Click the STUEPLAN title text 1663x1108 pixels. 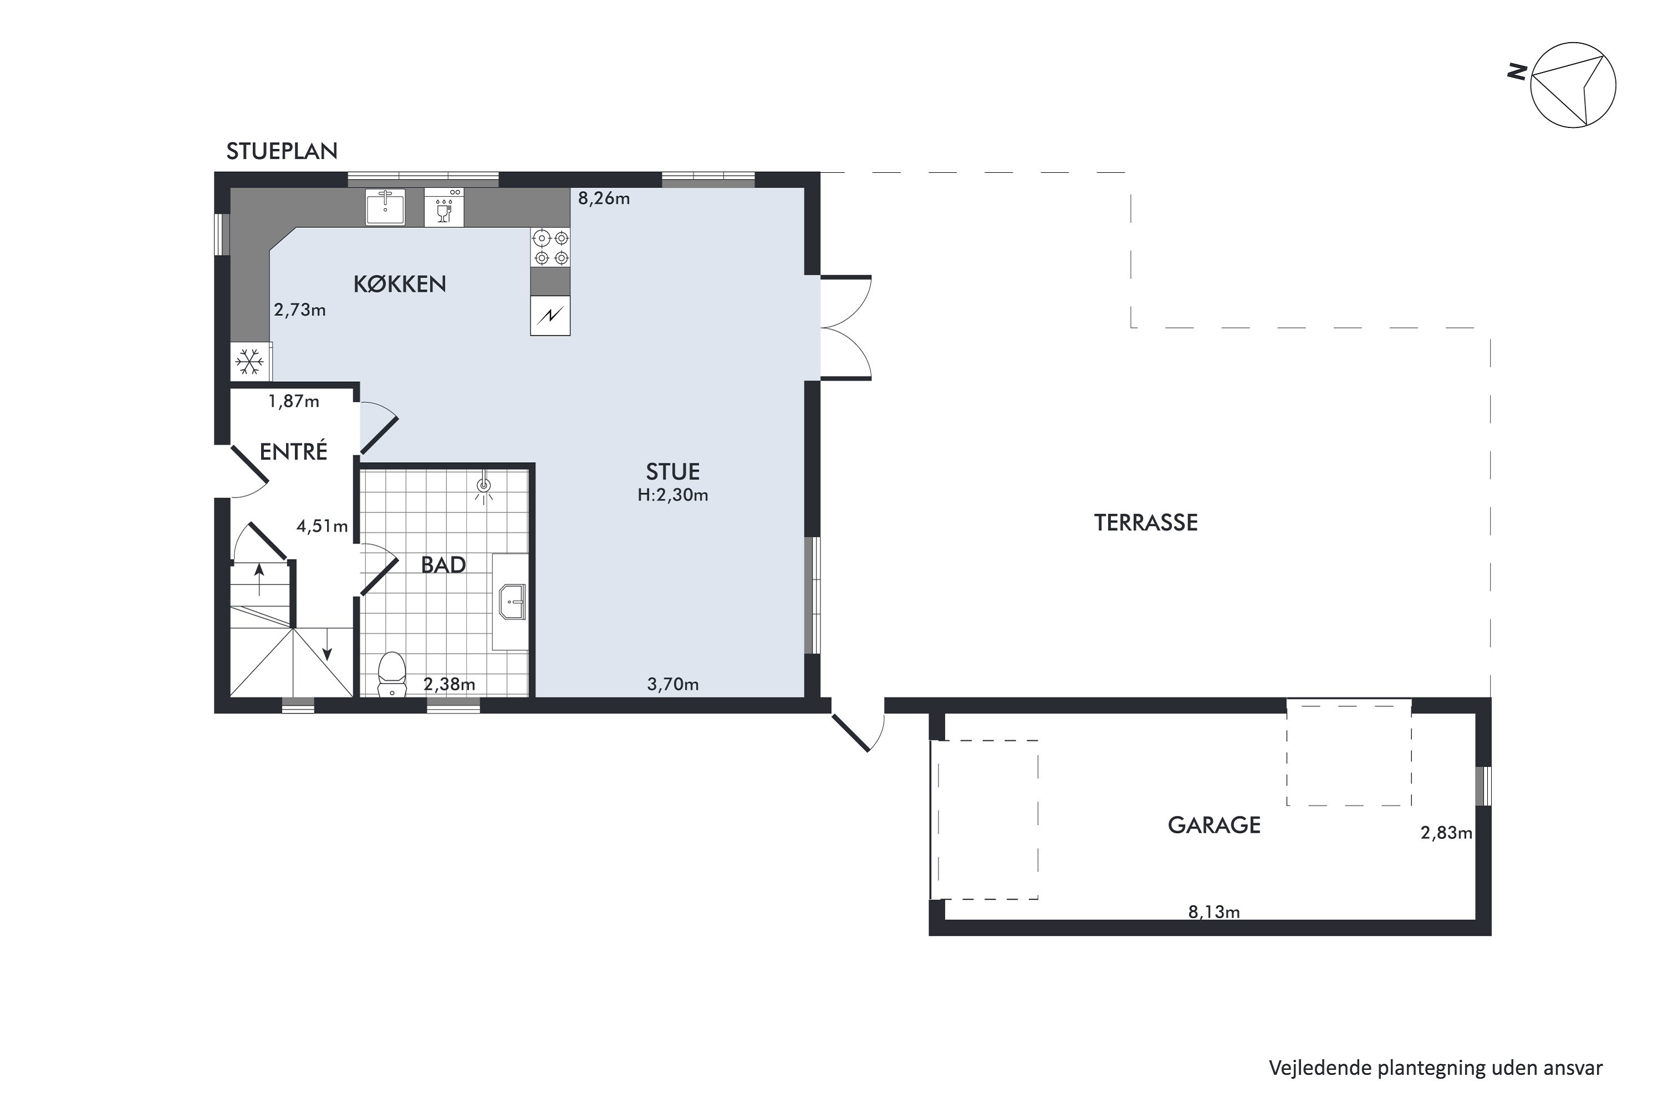click(x=282, y=151)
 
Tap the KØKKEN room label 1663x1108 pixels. click(x=400, y=284)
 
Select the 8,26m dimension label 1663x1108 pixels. click(x=604, y=198)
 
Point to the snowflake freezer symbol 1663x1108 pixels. click(x=249, y=362)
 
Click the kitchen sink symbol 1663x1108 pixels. click(x=385, y=207)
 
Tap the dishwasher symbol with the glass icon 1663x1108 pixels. click(x=444, y=208)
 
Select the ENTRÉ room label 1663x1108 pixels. click(x=293, y=452)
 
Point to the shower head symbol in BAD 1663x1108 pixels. click(x=483, y=486)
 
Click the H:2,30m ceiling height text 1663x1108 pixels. click(x=672, y=495)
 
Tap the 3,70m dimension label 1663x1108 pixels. click(x=673, y=684)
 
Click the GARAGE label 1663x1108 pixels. click(x=1214, y=825)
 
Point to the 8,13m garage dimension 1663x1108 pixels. click(x=1214, y=912)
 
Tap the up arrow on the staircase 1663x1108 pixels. click(x=259, y=579)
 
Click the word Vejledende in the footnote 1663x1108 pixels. click(x=1320, y=1067)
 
